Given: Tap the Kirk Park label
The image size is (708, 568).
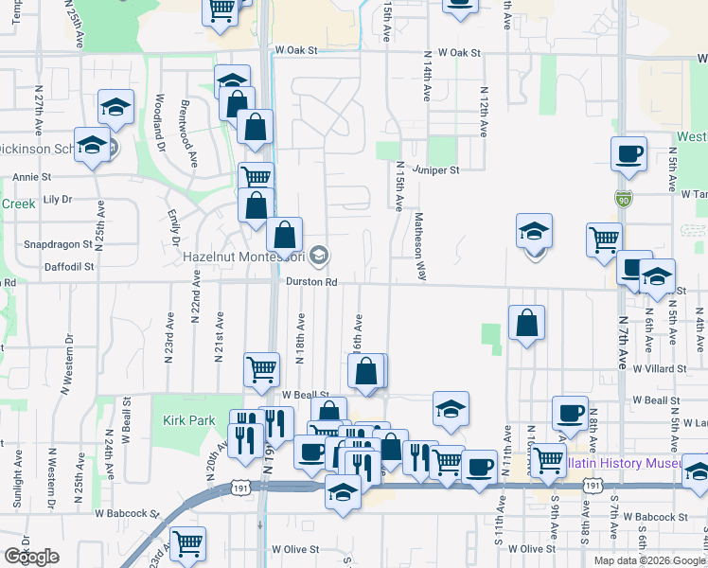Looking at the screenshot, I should pos(183,419).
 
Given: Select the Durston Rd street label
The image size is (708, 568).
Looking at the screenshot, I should pos(312,282).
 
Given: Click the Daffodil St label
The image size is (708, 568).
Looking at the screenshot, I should pos(69,267).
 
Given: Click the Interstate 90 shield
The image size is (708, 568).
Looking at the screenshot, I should pos(621,199).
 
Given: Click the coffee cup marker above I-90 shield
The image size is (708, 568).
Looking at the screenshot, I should pos(628,154).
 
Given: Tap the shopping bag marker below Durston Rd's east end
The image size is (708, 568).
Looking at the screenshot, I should pos(527,323).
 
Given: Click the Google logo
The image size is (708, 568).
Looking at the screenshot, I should pos(31,557).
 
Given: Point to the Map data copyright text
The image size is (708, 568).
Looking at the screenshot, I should pos(649,560).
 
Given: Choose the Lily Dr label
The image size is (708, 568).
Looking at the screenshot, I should pos(58,200).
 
